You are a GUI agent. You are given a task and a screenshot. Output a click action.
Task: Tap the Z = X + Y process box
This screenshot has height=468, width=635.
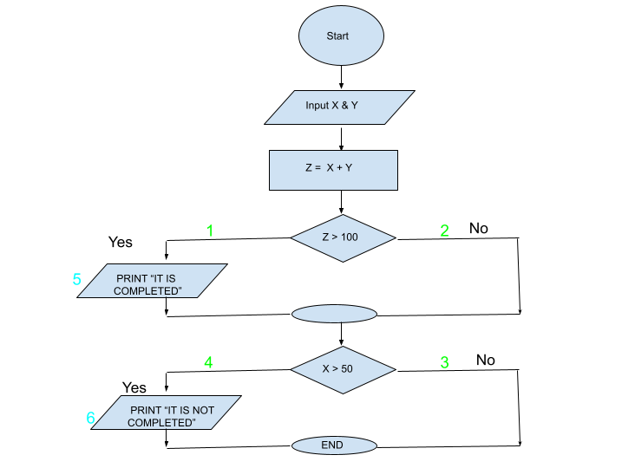coord(333,169)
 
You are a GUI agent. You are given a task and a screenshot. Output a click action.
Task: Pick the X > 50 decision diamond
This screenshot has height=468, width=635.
coord(343,368)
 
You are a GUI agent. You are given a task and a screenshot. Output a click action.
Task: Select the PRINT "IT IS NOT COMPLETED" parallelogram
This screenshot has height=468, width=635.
coord(165,414)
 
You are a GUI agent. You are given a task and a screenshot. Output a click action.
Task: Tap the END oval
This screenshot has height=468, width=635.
coord(333,445)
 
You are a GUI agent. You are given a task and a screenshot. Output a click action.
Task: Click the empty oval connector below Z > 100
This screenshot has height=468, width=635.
coord(334,314)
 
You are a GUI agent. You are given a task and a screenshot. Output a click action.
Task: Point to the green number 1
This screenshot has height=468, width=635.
coord(209,231)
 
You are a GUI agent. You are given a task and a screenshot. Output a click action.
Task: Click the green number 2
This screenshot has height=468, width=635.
coord(444,231)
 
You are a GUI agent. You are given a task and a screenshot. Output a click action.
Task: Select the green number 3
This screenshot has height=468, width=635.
coord(444,362)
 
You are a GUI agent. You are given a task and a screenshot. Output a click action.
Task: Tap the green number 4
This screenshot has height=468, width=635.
coord(208,362)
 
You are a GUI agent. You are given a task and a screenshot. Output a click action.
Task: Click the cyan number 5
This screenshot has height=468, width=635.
coord(77,280)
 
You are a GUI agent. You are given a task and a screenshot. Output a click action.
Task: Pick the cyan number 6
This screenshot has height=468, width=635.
coord(90,419)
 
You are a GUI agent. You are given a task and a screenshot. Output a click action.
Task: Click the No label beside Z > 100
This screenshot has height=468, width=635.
coord(479,228)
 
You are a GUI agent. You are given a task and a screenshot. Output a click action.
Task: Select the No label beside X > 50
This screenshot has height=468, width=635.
coord(486,360)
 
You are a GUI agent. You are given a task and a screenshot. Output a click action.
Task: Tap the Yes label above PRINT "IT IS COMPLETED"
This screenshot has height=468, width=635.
coord(121,241)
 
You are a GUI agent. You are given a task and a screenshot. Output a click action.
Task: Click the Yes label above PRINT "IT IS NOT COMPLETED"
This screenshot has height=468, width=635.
coord(134,387)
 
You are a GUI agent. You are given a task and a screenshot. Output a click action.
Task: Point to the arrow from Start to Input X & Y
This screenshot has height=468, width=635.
coord(342,76)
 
